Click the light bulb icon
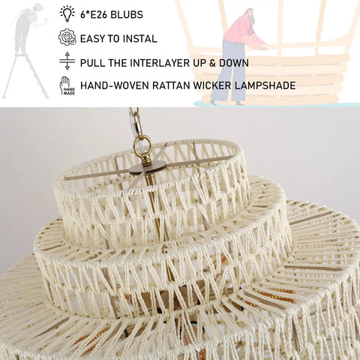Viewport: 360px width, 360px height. (67, 13)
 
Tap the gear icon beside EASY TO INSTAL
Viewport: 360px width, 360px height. (67, 37)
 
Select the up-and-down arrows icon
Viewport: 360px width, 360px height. (67, 61)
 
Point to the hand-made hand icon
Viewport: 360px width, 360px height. (67, 85)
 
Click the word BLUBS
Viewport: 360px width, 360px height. (127, 15)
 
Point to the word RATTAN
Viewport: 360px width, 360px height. (171, 85)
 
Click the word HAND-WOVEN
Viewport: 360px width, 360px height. (115, 85)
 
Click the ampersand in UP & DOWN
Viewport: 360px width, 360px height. (212, 63)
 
